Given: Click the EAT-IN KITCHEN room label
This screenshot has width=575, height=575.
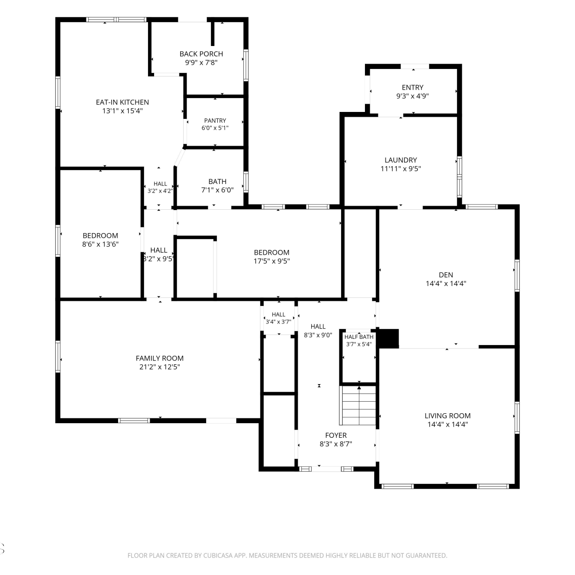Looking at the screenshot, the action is pos(122,102).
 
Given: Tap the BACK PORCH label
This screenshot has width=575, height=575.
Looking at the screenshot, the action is pos(201,54).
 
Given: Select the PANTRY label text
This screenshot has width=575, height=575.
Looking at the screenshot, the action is pos(215,120).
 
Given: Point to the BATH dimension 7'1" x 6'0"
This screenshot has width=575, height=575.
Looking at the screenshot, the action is pos(217,190).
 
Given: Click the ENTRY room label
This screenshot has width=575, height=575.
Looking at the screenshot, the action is pos(412,87).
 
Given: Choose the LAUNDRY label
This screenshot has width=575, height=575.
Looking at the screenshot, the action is pos(401,160).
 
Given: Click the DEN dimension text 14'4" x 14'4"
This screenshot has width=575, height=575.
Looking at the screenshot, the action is pos(446,284).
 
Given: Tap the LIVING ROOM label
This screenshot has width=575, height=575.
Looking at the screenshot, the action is pos(447,416).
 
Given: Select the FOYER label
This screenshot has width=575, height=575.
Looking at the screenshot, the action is pos(336,435).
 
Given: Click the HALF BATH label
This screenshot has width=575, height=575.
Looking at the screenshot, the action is pos(359,337).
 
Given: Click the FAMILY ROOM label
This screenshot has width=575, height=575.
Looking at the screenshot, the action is pos(159,358).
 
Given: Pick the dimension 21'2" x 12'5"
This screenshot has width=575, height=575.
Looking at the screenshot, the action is pos(159,367).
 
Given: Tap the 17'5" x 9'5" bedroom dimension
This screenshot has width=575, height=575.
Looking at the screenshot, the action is pos(271,261).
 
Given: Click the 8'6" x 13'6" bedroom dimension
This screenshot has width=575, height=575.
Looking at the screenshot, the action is pos(100,244).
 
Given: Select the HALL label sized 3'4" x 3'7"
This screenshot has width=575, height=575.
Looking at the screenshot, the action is pos(278,315).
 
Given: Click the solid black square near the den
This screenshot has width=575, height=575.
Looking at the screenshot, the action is pos(389,338).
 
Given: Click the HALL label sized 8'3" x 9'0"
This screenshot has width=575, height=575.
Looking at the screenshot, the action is pos(318,327).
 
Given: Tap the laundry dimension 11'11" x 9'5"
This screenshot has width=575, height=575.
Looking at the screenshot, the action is pos(401,169).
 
